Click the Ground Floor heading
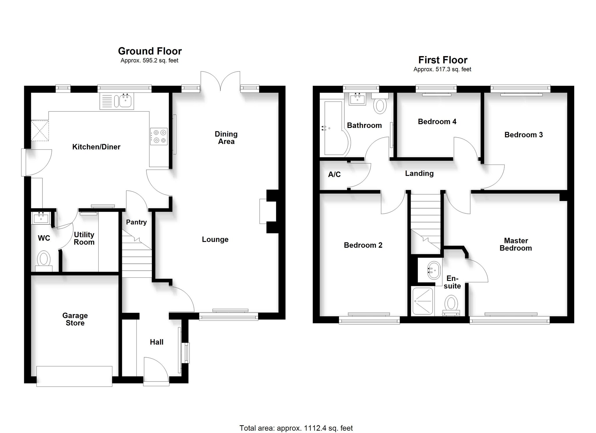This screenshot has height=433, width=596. [150, 51]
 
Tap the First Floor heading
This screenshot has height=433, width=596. [443, 60]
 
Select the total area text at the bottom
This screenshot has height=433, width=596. [296, 420]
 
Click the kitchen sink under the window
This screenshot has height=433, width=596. [117, 101]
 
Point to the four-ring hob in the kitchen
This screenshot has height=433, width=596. [159, 136]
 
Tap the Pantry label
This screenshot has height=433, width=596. [136, 222]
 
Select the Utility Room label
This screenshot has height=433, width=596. [84, 238]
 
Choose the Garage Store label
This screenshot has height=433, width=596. [75, 319]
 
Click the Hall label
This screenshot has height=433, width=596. [157, 342]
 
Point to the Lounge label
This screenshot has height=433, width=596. [215, 240]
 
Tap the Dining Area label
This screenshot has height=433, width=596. [226, 138]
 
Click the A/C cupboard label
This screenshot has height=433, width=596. [334, 174]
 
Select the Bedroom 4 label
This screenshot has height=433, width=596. [437, 122]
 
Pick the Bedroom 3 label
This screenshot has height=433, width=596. [524, 135]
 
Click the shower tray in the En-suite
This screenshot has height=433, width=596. [422, 302]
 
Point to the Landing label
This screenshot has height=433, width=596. [419, 174]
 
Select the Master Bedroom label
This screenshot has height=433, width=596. [516, 245]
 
